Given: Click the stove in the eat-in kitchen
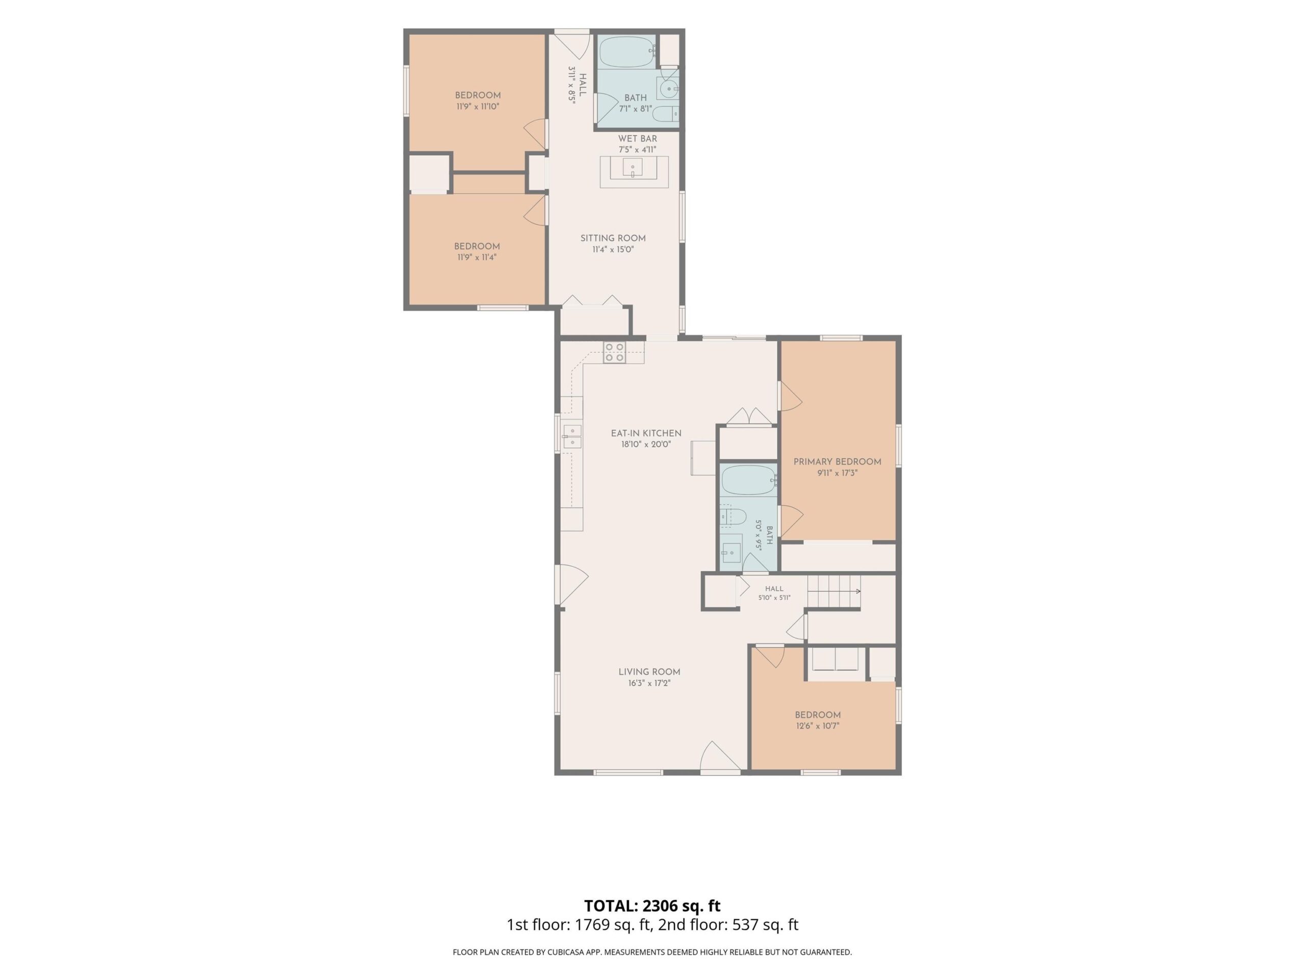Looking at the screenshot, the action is (614, 352).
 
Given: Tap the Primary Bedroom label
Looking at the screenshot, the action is (837, 462).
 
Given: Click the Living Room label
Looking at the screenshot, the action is (649, 672).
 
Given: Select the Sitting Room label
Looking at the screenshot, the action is (613, 239).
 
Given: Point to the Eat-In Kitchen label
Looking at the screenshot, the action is (646, 433).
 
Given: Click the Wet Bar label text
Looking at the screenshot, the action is (638, 139).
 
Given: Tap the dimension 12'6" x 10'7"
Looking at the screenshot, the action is (817, 726).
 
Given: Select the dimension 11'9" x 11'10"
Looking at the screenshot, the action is (478, 107).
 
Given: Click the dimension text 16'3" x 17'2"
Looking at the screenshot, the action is (649, 683).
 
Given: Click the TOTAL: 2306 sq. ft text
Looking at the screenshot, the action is (652, 906).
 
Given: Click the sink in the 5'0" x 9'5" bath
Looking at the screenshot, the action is (731, 552).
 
